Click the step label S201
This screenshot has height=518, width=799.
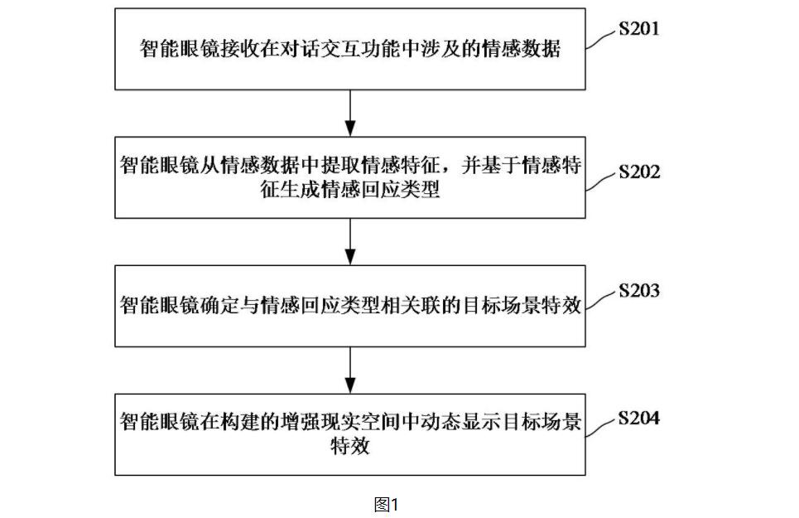[x=639, y=28]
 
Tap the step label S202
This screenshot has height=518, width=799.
[x=639, y=172]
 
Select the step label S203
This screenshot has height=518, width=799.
[x=639, y=291]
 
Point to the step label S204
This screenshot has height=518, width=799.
[x=639, y=418]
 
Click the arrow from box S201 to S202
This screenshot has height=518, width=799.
[x=350, y=114]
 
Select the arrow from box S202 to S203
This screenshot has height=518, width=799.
[x=350, y=242]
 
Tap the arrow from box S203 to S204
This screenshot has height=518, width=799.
[x=350, y=370]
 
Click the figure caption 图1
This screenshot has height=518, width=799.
[x=386, y=505]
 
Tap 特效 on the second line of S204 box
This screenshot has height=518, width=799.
[x=350, y=447]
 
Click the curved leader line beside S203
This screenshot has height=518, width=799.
[x=600, y=301]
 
